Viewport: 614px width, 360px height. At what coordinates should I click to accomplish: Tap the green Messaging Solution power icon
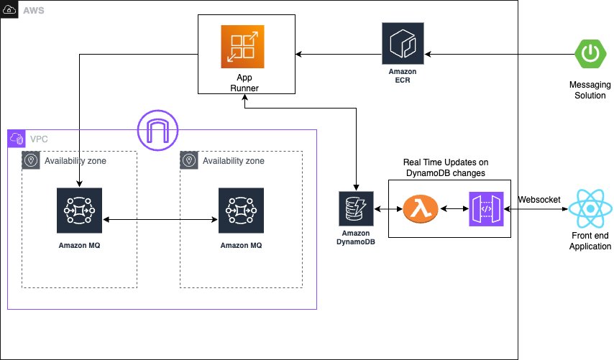(590, 54)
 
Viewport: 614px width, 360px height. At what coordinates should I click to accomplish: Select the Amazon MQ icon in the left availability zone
(79, 211)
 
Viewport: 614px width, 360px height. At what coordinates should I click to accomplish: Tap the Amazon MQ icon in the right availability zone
(241, 211)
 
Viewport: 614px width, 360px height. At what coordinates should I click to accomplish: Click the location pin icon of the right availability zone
(189, 160)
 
